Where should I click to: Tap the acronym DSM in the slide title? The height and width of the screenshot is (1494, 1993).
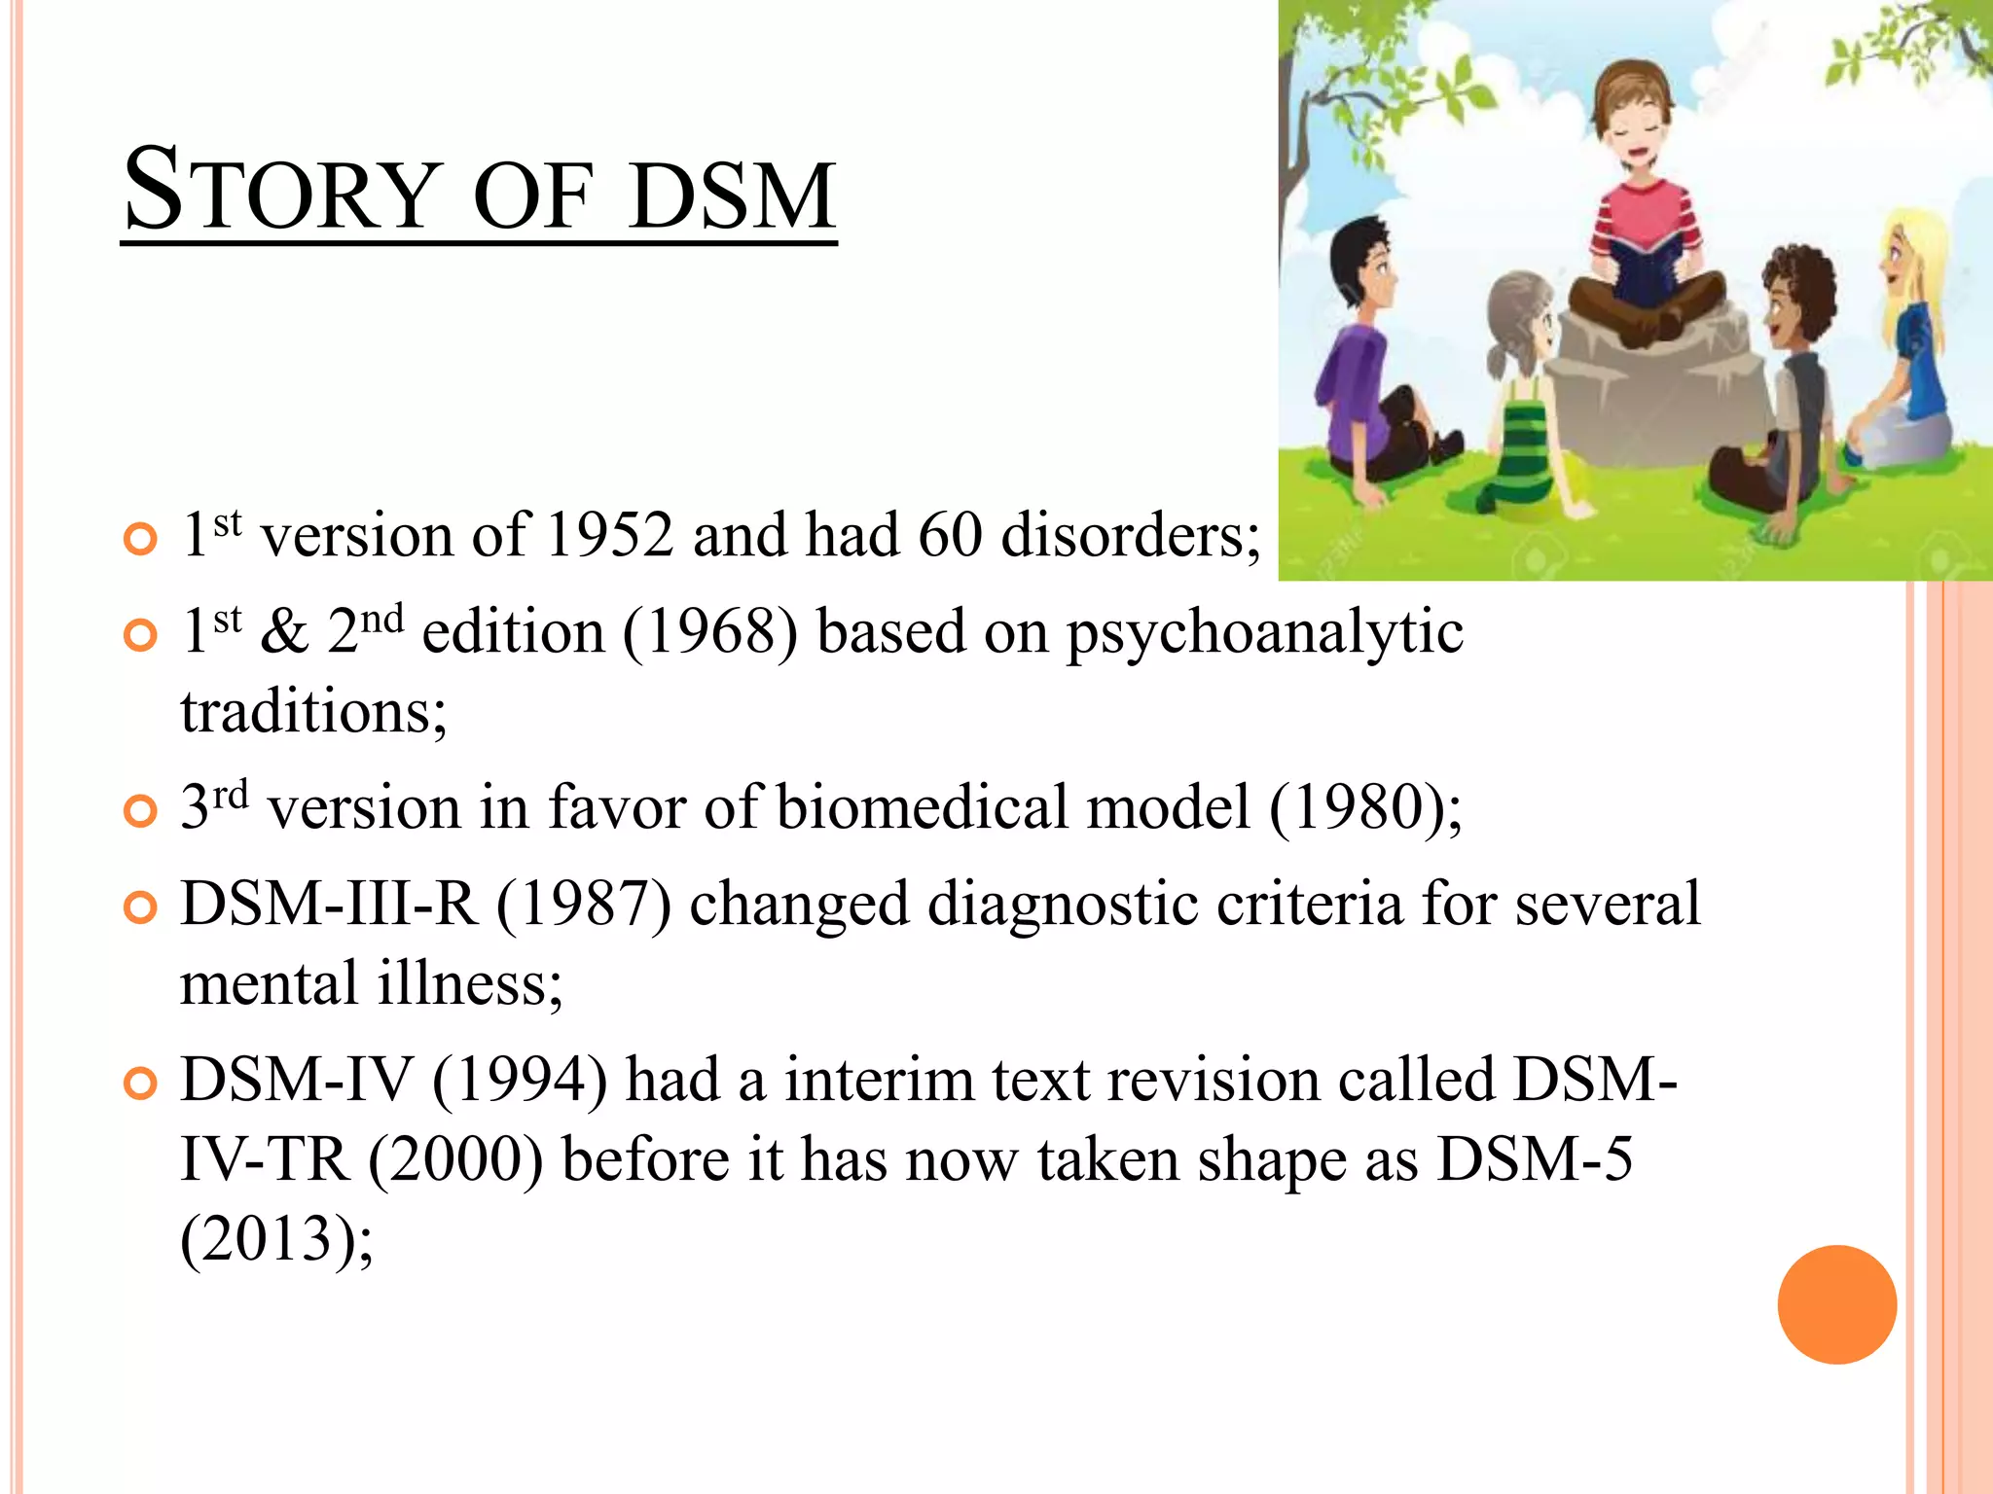pos(732,196)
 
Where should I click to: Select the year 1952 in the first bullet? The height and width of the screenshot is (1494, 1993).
pos(610,535)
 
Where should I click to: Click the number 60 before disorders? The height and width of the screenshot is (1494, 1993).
pos(950,535)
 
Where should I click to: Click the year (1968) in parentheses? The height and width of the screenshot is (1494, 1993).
pos(709,632)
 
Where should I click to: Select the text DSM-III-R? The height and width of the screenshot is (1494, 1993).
pos(329,905)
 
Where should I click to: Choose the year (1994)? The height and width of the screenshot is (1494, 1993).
pos(520,1081)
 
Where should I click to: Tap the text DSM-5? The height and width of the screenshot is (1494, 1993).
pos(1535,1159)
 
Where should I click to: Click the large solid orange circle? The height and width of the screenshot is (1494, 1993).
pos(1836,1304)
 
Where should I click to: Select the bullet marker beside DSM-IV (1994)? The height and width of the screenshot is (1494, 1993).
pos(141,1084)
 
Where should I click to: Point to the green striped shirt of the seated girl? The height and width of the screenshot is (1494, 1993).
pos(1524,447)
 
